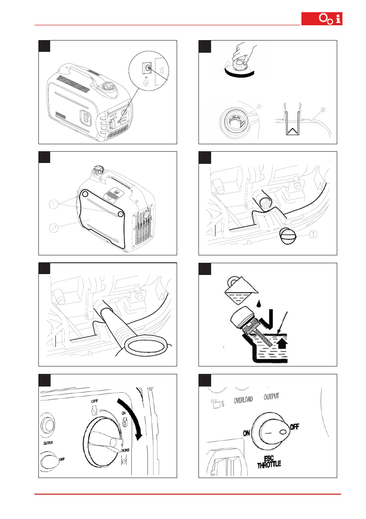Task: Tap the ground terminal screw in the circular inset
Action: coord(147,68)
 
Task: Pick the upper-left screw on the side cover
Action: coord(85,194)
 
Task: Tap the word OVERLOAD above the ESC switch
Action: coord(243,399)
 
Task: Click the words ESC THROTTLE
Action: coord(269,461)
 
